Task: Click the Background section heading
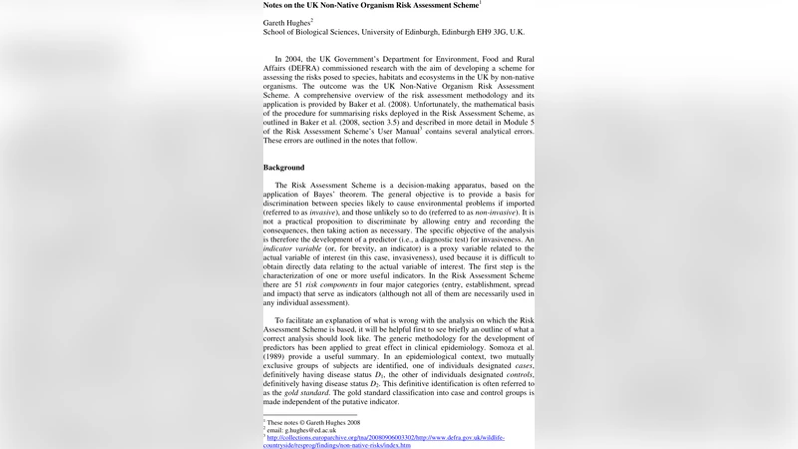point(284,167)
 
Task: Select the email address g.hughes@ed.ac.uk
point(301,429)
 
